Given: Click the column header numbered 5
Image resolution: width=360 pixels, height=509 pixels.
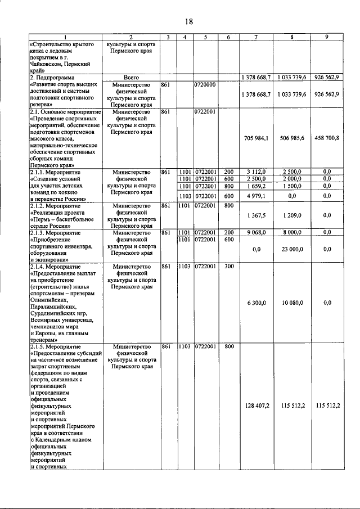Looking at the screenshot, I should point(206,37).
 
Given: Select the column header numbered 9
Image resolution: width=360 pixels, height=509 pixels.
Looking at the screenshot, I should point(327,37).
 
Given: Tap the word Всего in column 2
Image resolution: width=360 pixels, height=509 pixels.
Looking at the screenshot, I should point(131,76).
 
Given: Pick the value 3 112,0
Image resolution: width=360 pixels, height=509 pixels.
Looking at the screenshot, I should point(256,172).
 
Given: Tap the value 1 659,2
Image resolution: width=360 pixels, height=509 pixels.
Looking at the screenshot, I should point(256,186).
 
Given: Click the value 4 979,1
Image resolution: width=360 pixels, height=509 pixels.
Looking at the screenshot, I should point(256,196).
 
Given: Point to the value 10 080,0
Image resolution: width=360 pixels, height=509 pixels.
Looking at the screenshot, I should point(291,303).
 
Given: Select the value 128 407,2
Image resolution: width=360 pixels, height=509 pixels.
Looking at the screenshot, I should point(256,405).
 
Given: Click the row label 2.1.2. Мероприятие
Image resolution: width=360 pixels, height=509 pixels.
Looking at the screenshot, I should point(55,206).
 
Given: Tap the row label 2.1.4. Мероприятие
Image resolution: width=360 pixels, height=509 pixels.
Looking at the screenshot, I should point(55,267).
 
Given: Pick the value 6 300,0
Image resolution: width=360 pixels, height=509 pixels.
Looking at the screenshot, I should point(256,303).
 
